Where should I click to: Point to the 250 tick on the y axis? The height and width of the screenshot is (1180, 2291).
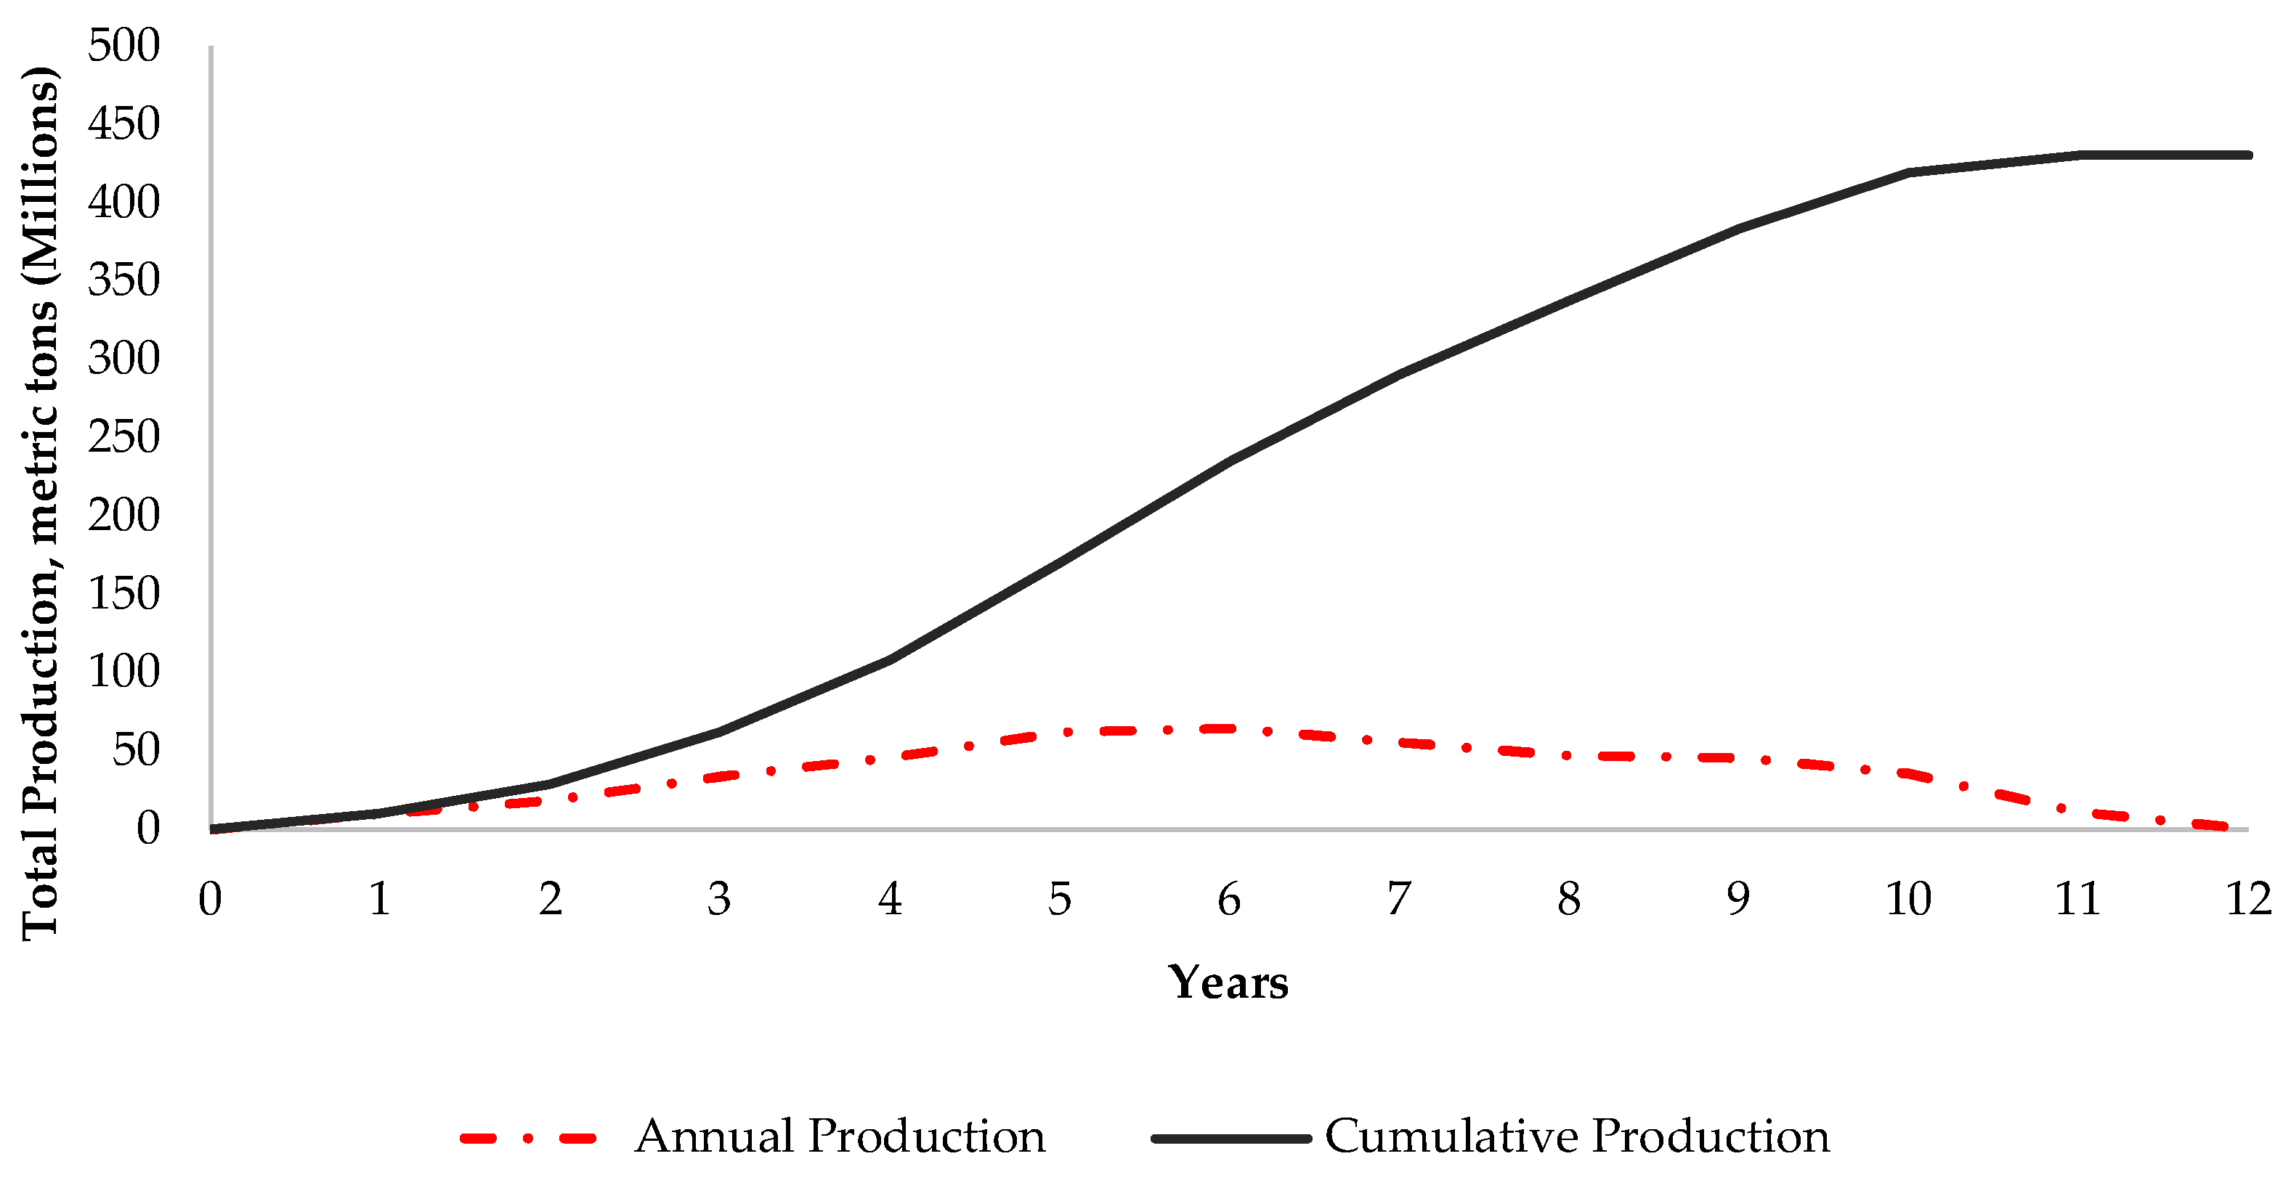(123, 436)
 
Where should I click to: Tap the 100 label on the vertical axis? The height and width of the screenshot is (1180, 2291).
(123, 672)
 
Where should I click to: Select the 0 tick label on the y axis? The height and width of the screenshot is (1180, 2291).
(147, 828)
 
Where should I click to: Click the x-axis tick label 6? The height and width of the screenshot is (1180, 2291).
(1229, 899)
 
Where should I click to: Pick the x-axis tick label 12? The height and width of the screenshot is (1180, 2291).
(2248, 899)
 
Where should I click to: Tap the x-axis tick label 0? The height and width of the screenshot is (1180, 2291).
(210, 899)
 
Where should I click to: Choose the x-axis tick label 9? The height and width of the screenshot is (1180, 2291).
(1739, 899)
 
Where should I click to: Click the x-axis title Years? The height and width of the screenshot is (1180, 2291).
(1228, 982)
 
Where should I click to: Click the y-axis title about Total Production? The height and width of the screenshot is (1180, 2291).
(41, 502)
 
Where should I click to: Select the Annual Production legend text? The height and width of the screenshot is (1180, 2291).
(840, 1136)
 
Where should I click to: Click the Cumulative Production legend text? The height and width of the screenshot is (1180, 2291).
(1577, 1136)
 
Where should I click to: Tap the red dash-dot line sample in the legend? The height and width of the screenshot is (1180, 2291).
(528, 1138)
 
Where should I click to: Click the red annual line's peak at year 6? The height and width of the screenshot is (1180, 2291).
(1229, 728)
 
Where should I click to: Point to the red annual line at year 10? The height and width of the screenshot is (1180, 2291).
(1909, 773)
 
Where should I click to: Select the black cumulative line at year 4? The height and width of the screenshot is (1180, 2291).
(889, 660)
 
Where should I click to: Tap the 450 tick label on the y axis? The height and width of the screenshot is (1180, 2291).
(123, 123)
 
